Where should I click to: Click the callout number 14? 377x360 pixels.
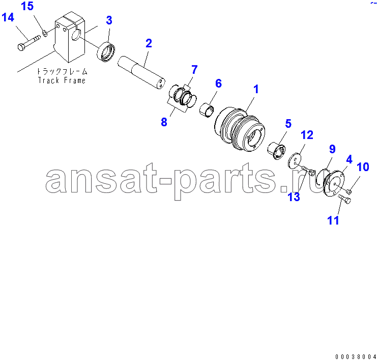tap(8, 17)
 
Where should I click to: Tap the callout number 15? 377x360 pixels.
tap(27, 6)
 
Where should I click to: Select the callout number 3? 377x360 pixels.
tap(109, 20)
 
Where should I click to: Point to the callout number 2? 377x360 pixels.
tap(149, 43)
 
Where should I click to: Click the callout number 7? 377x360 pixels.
tap(194, 70)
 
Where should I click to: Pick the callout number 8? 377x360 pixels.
tap(164, 122)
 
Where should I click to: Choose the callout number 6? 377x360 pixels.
tap(218, 84)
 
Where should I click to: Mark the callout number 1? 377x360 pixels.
tap(256, 89)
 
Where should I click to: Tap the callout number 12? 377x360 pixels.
tap(307, 135)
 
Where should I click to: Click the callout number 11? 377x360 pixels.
tap(333, 220)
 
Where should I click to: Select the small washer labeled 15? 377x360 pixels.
tap(45, 33)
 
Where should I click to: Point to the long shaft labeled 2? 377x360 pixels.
tap(141, 73)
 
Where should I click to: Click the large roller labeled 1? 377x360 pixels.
tap(240, 129)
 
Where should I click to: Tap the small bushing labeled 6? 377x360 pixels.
tap(206, 110)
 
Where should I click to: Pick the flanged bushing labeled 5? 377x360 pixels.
tap(276, 151)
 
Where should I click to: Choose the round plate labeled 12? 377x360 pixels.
tap(295, 161)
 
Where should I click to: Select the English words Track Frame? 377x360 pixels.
tap(62, 80)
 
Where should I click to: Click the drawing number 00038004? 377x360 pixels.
tap(356, 356)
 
